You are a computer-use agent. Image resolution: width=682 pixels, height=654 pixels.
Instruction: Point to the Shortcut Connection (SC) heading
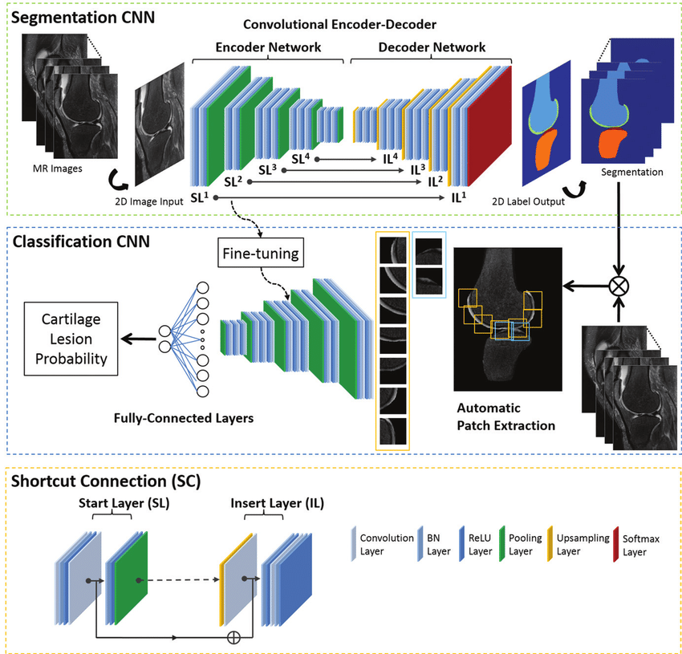106,482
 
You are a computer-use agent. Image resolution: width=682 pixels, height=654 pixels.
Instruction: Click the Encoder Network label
268,47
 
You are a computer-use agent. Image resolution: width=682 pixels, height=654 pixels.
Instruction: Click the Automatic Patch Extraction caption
505,416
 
